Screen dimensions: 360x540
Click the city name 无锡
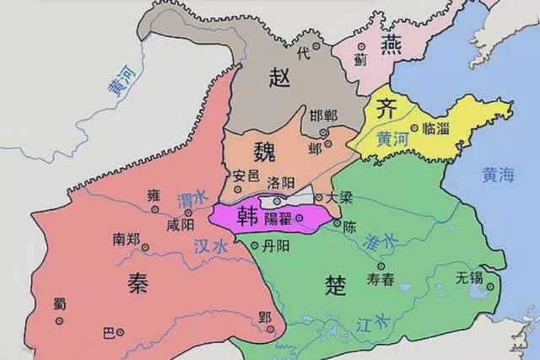469,277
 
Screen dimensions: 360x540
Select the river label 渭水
188,200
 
